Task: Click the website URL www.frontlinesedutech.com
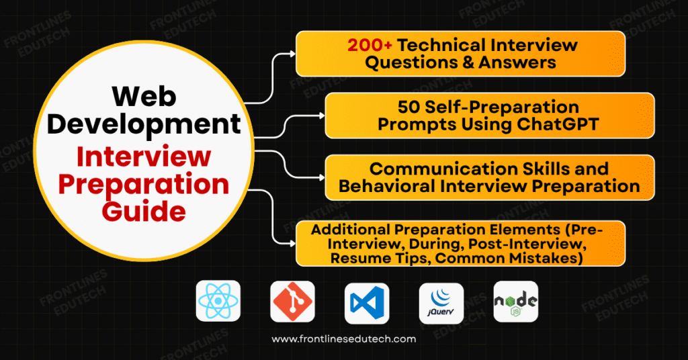click(x=344, y=339)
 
